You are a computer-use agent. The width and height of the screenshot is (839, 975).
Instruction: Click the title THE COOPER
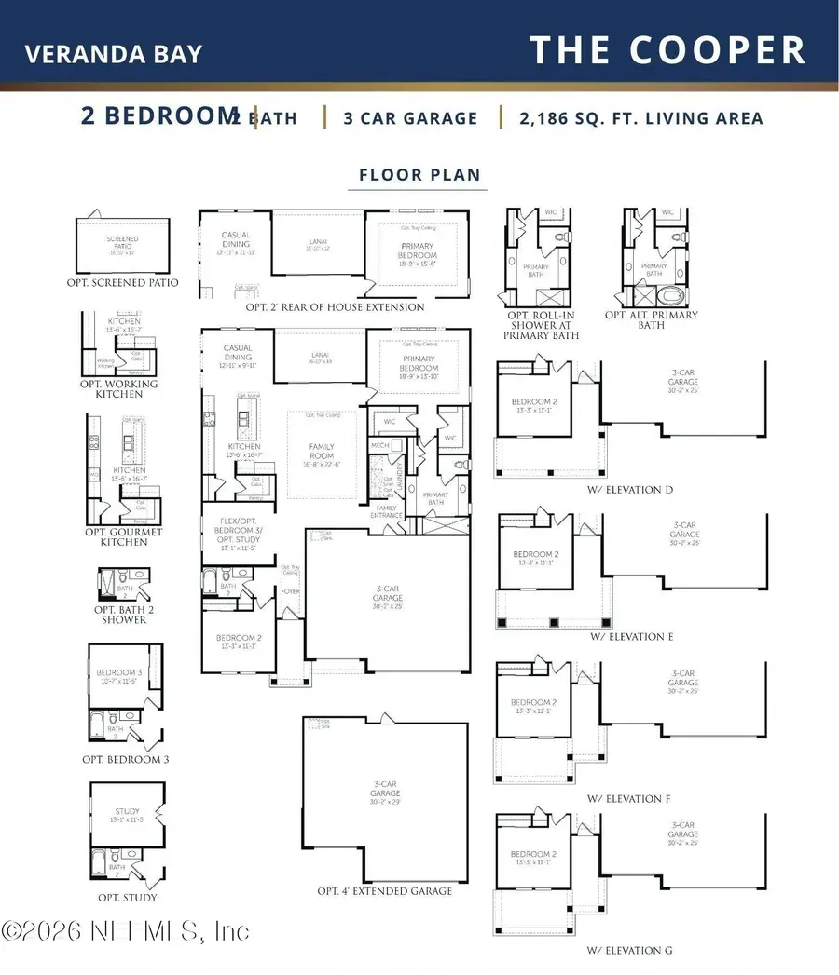(667, 49)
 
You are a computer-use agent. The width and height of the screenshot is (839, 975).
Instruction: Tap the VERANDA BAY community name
(113, 53)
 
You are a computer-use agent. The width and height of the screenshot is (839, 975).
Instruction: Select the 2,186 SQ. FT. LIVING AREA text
(641, 118)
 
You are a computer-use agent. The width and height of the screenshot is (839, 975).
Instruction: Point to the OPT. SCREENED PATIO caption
(123, 282)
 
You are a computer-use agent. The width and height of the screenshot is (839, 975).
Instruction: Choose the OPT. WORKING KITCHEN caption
(119, 388)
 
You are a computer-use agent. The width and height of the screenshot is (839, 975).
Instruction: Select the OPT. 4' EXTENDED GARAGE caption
(385, 891)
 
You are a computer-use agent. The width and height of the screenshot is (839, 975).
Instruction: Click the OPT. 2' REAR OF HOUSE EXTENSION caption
(335, 307)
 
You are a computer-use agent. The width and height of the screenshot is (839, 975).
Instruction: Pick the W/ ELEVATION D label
(630, 490)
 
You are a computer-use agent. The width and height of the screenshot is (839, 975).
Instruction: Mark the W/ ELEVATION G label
(630, 950)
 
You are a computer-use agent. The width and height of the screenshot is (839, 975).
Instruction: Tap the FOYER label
(291, 591)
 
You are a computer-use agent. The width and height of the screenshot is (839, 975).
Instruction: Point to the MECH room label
(379, 446)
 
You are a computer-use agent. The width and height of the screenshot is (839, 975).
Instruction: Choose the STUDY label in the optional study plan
(128, 811)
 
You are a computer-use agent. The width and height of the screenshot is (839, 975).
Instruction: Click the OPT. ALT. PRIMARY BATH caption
(652, 320)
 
